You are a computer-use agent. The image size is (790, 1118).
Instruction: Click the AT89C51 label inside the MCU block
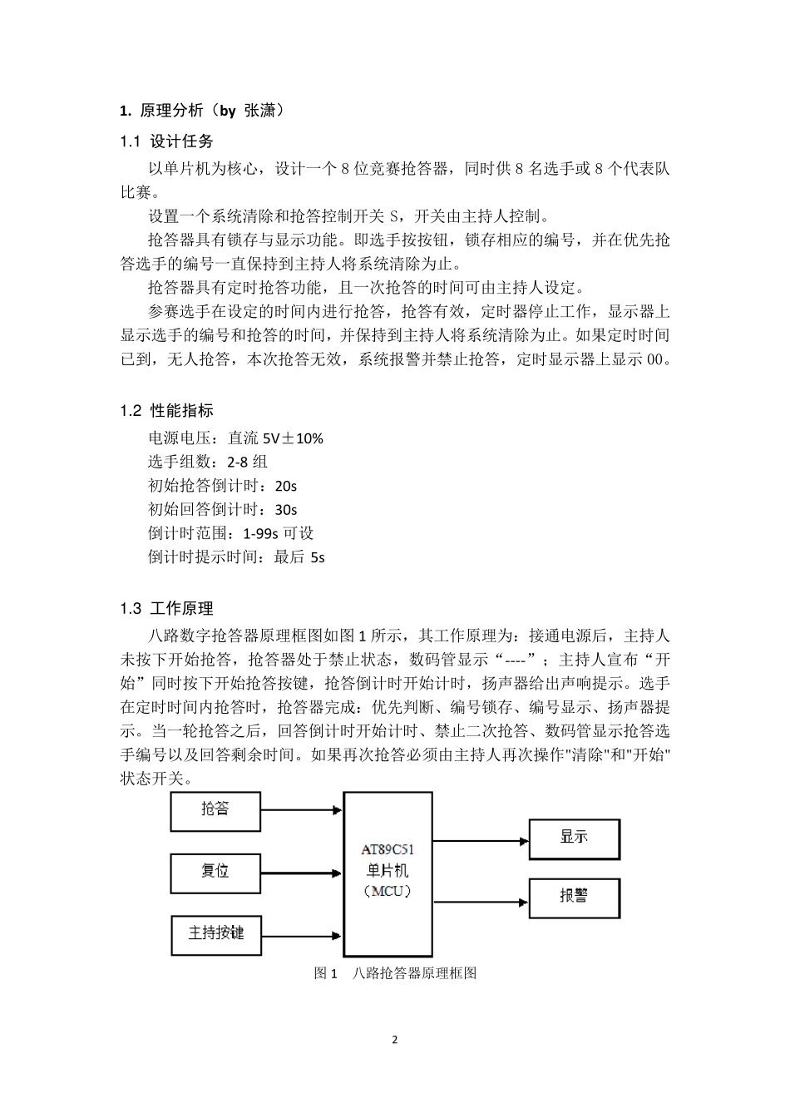coord(388,850)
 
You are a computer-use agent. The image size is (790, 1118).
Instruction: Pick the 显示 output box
coord(574,838)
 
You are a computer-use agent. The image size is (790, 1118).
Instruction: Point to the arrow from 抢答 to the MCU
coord(301,809)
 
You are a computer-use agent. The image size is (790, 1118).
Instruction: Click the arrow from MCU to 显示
coord(481,840)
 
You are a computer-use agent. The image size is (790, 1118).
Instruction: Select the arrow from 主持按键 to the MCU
coord(301,934)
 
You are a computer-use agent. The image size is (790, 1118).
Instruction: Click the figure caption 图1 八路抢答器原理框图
coord(395,973)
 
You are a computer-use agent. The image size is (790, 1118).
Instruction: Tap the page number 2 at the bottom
coord(395,1039)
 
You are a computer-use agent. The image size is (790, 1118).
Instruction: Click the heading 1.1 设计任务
coord(166,141)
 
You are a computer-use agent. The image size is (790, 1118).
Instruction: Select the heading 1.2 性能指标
coord(166,410)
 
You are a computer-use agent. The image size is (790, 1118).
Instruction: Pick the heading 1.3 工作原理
coord(166,609)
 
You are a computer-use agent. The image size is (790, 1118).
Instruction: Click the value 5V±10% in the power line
coord(293,438)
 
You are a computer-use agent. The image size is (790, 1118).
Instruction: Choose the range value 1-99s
coord(261,533)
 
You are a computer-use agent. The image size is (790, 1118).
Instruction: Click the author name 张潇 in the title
coord(259,110)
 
